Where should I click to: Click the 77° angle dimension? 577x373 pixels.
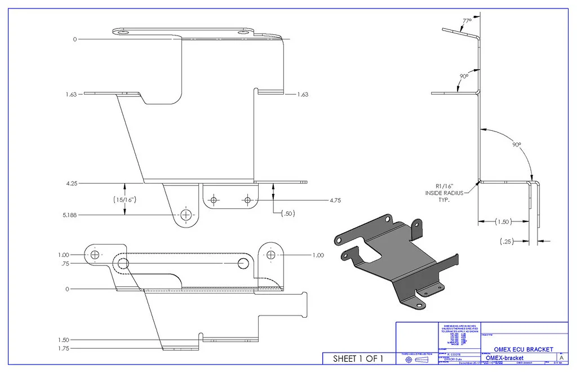[467, 21]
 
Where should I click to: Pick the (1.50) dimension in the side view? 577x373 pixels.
[505, 222]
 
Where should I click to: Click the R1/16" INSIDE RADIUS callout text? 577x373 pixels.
[444, 193]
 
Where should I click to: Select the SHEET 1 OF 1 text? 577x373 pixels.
[358, 358]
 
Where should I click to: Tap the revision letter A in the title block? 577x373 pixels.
[561, 358]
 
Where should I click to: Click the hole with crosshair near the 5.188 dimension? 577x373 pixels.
[185, 215]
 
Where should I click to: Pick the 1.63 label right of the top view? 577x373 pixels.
[303, 95]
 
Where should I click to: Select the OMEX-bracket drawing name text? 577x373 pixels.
[504, 358]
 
